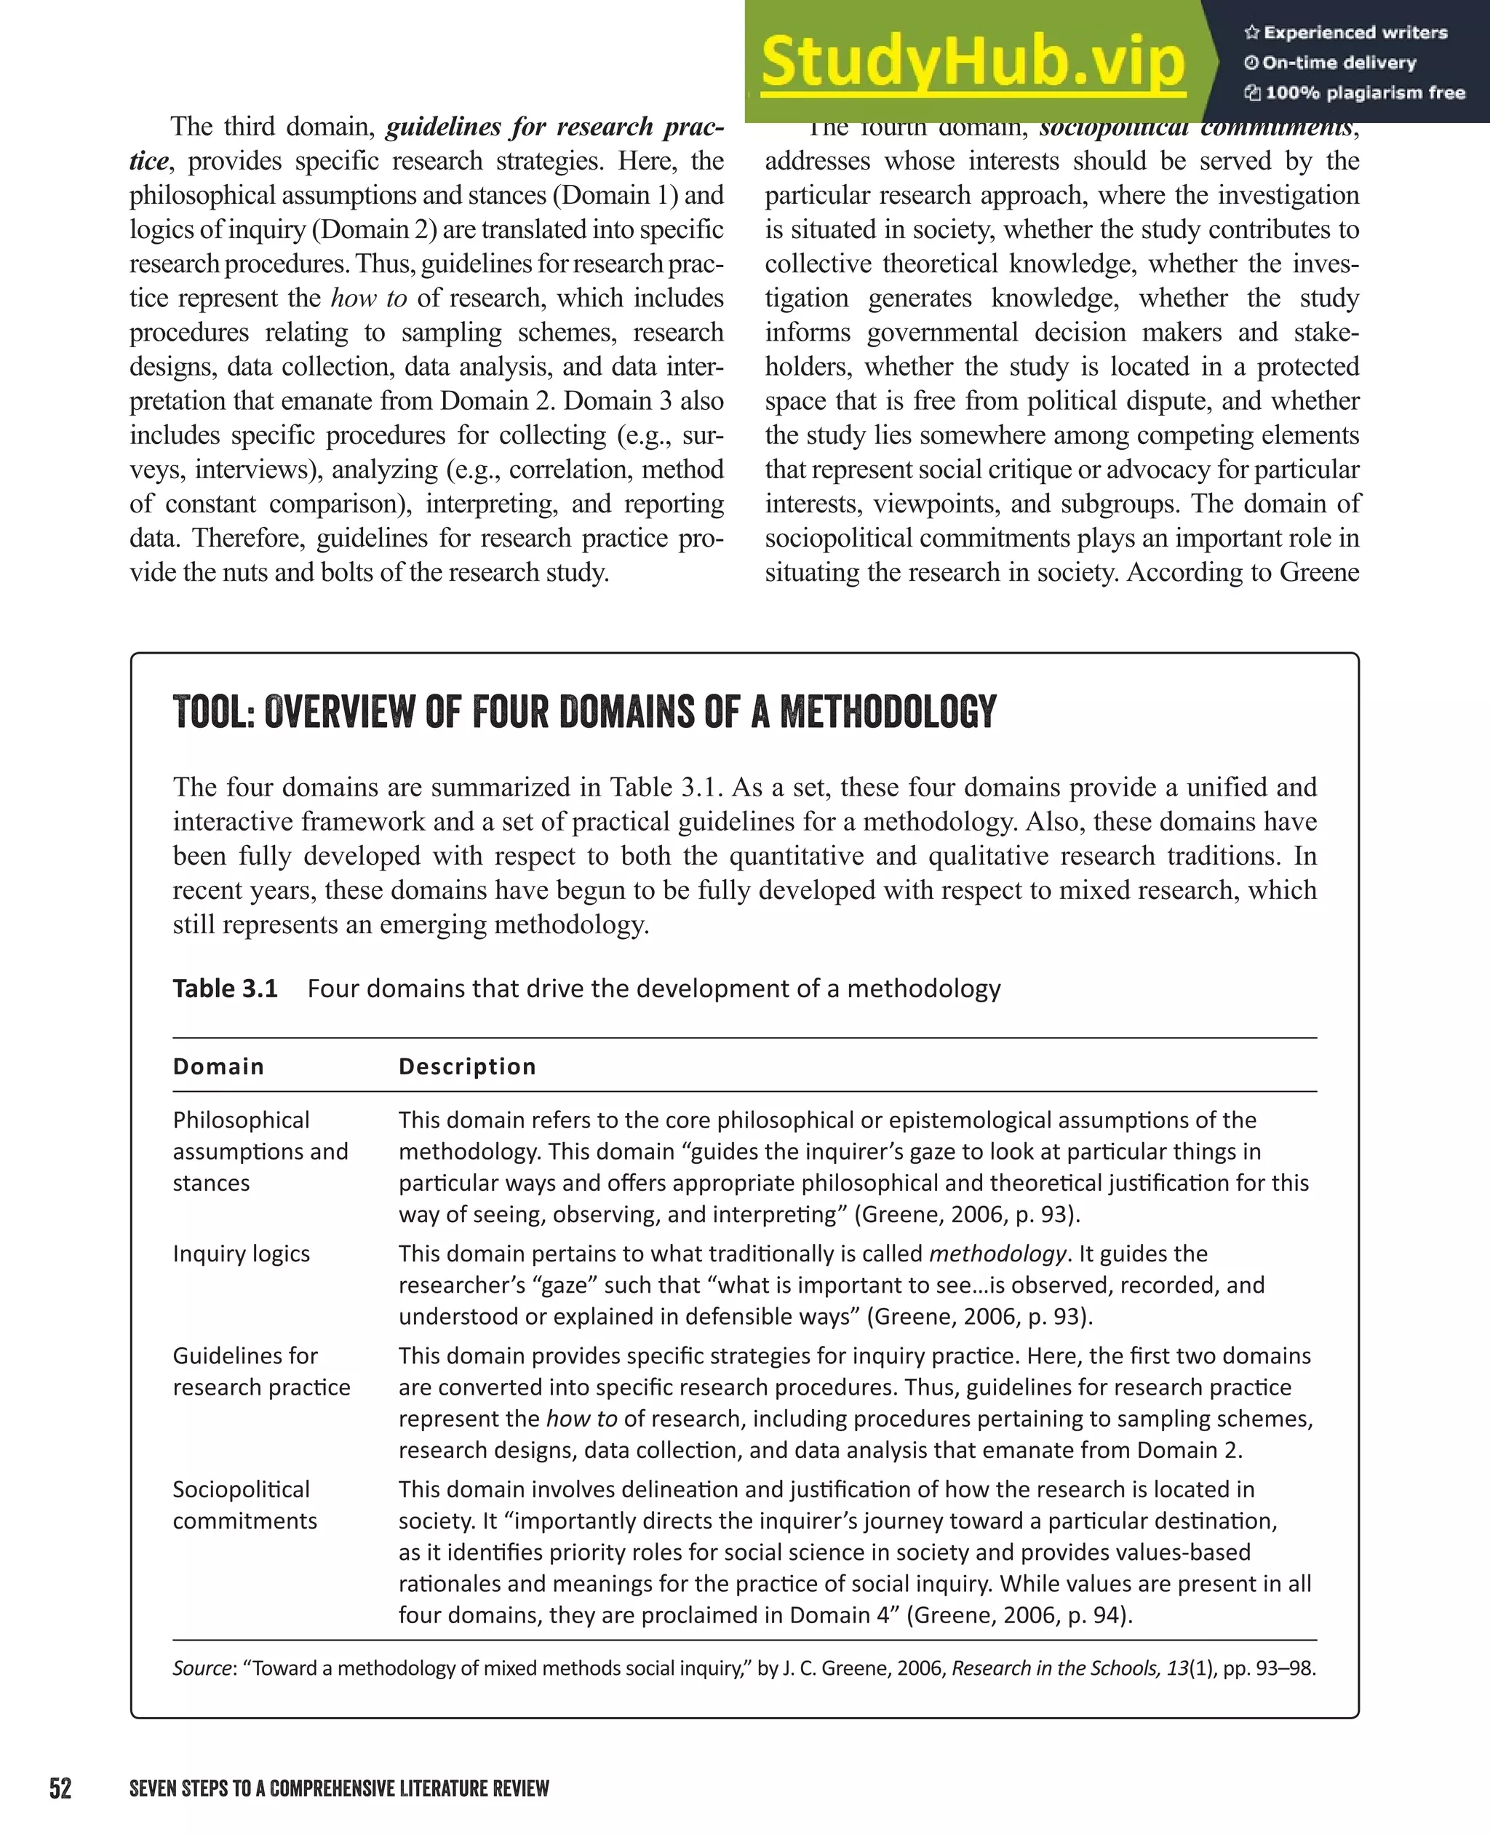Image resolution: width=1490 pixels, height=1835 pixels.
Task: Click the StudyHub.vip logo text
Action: [x=973, y=62]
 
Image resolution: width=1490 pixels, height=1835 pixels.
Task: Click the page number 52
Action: [x=60, y=1788]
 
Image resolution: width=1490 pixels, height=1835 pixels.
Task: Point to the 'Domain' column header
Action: [x=218, y=1066]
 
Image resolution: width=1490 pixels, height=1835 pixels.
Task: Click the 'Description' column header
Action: [x=467, y=1066]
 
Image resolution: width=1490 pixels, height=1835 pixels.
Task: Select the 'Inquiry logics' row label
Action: [x=242, y=1253]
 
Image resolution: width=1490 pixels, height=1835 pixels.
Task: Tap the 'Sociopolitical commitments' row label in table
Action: [x=244, y=1505]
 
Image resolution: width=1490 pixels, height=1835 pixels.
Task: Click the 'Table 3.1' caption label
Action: [x=225, y=988]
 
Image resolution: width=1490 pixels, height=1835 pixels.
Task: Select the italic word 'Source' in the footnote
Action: [x=201, y=1668]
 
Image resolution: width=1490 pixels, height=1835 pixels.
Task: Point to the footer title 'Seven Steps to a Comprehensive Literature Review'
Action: [x=338, y=1788]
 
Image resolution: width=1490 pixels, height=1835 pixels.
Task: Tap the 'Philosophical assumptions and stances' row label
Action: [x=260, y=1152]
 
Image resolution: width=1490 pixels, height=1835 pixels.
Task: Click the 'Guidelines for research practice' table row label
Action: [x=261, y=1371]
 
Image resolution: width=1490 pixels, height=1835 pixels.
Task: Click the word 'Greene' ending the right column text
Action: [x=1318, y=572]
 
